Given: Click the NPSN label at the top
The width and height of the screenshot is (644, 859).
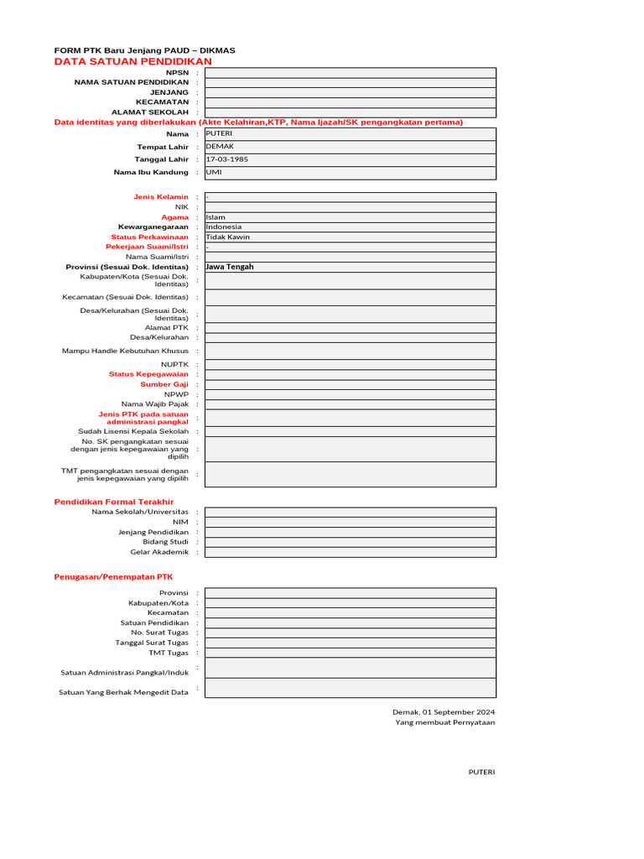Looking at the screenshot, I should tap(178, 72).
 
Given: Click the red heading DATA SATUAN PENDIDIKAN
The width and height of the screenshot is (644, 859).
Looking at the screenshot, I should tap(132, 61).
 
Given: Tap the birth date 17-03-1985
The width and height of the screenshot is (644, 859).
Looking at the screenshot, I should tap(226, 159).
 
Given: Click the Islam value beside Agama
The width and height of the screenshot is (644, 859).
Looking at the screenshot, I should tap(216, 217).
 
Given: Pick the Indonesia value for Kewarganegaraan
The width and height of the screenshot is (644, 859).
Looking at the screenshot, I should tap(223, 226).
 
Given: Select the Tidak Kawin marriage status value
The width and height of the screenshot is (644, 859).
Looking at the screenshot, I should tap(227, 237).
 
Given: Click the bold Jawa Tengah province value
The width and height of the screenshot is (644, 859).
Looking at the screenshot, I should tap(230, 267).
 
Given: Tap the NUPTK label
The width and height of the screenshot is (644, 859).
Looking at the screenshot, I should tap(175, 364).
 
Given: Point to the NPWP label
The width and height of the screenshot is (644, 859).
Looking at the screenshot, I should tap(176, 394).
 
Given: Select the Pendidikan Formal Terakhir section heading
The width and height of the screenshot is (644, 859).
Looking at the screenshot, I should tap(119, 501).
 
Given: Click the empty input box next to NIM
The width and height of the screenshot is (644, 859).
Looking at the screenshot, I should tap(350, 522).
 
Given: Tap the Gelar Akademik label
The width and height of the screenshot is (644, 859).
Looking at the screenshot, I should tap(159, 552).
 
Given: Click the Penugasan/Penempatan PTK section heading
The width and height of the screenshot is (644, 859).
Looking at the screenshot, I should tap(112, 577).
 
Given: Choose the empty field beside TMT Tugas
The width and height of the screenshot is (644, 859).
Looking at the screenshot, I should tap(350, 653).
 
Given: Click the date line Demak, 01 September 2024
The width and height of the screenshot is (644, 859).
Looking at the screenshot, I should tap(444, 711).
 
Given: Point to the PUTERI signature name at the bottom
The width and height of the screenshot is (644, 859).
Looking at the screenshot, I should tap(481, 772).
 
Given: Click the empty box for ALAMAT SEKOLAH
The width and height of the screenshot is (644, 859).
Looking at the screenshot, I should tap(350, 112).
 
